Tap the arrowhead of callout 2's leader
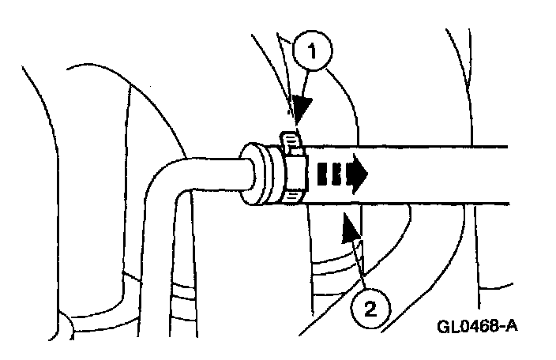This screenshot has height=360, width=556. tap(347, 228)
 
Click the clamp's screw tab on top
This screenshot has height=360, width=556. tap(291, 141)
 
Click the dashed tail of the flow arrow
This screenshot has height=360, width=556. tap(327, 174)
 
